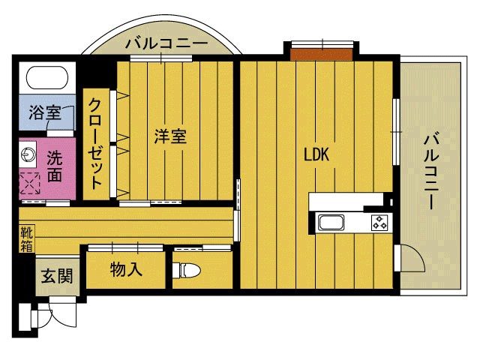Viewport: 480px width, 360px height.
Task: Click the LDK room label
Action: pyautogui.click(x=316, y=155)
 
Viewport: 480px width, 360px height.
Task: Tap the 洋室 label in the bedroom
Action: pyautogui.click(x=170, y=137)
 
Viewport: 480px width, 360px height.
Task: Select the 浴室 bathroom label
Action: pyautogui.click(x=44, y=113)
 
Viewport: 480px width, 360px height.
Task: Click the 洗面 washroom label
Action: pyautogui.click(x=55, y=166)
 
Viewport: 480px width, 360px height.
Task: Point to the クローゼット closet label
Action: pyautogui.click(x=96, y=143)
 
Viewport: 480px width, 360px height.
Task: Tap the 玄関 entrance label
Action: pyautogui.click(x=56, y=276)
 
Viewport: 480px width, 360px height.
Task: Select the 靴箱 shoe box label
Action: pyautogui.click(x=26, y=238)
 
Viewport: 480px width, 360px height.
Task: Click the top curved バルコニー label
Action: pyautogui.click(x=166, y=43)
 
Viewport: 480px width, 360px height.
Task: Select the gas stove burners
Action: pyautogui.click(x=379, y=223)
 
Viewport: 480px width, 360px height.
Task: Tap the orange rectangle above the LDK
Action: pyautogui.click(x=321, y=54)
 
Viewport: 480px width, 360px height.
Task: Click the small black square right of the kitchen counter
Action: pyautogui.click(x=389, y=201)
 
